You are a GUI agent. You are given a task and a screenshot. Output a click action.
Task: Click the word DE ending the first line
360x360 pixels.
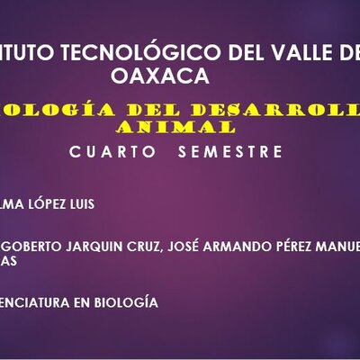tap(346, 52)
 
